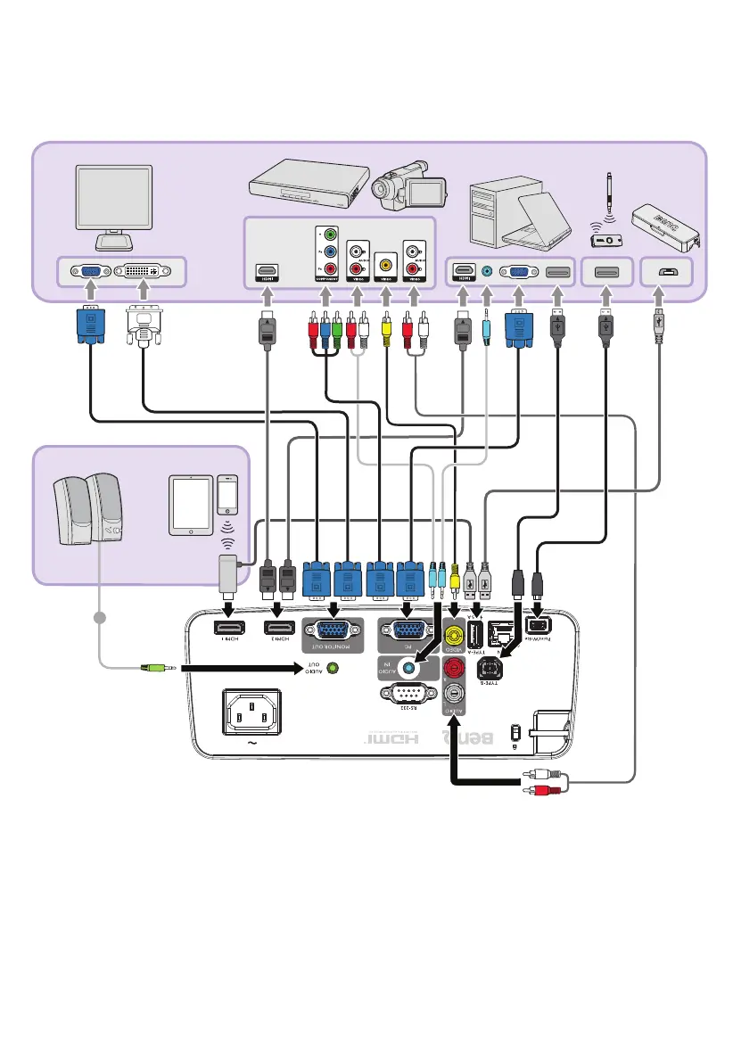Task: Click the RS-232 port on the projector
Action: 406,693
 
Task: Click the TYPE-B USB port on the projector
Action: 493,667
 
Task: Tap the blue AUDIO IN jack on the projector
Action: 409,666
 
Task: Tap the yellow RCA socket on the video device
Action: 386,264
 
